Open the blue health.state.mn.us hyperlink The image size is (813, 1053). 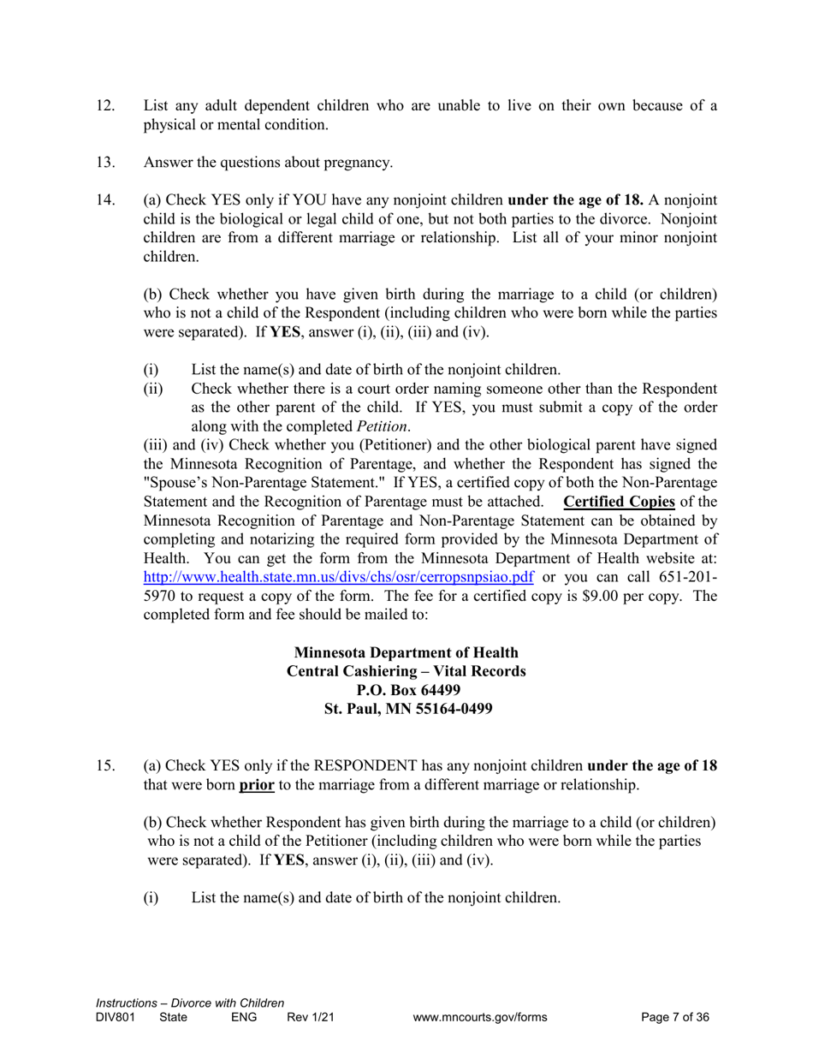[x=339, y=576]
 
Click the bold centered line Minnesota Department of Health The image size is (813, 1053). [x=406, y=653]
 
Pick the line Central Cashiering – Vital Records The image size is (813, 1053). [x=406, y=672]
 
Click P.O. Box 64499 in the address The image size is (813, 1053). [x=406, y=690]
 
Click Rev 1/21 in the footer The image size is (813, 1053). [x=310, y=1018]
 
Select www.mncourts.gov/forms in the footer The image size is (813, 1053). [x=479, y=1018]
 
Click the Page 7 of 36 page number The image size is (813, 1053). [x=675, y=1018]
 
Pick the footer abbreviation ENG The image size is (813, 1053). [x=244, y=1018]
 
